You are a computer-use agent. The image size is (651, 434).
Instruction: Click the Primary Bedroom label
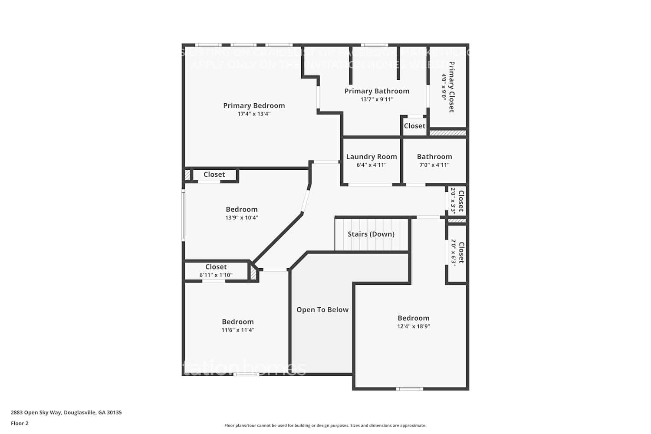click(254, 105)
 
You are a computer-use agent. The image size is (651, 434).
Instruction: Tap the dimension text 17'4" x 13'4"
click(254, 114)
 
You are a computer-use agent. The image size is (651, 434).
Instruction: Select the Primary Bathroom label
click(377, 91)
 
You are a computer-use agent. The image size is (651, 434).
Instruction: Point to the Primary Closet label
click(451, 87)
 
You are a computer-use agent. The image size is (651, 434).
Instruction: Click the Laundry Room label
click(372, 157)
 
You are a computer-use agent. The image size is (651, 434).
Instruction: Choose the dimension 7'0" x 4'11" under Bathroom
click(434, 165)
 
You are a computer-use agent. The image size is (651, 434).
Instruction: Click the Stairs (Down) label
click(371, 234)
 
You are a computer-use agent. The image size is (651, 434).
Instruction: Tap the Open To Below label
click(322, 309)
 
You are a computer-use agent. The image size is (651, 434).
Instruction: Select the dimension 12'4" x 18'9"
click(414, 326)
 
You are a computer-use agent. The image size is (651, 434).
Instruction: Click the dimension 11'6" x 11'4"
click(238, 330)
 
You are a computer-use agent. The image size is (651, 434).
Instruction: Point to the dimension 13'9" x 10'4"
click(242, 217)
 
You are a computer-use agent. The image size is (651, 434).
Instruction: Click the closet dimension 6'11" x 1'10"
click(216, 275)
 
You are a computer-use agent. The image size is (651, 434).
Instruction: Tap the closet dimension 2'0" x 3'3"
click(453, 201)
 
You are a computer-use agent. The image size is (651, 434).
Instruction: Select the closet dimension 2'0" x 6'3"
click(453, 253)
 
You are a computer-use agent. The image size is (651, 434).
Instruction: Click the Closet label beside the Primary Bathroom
click(414, 126)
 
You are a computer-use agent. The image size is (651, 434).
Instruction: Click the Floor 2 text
click(20, 424)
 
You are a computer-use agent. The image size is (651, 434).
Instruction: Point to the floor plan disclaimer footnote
click(325, 426)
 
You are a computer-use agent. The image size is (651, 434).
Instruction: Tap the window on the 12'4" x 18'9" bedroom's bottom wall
click(410, 389)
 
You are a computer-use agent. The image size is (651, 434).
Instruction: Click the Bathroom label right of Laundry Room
click(434, 157)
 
